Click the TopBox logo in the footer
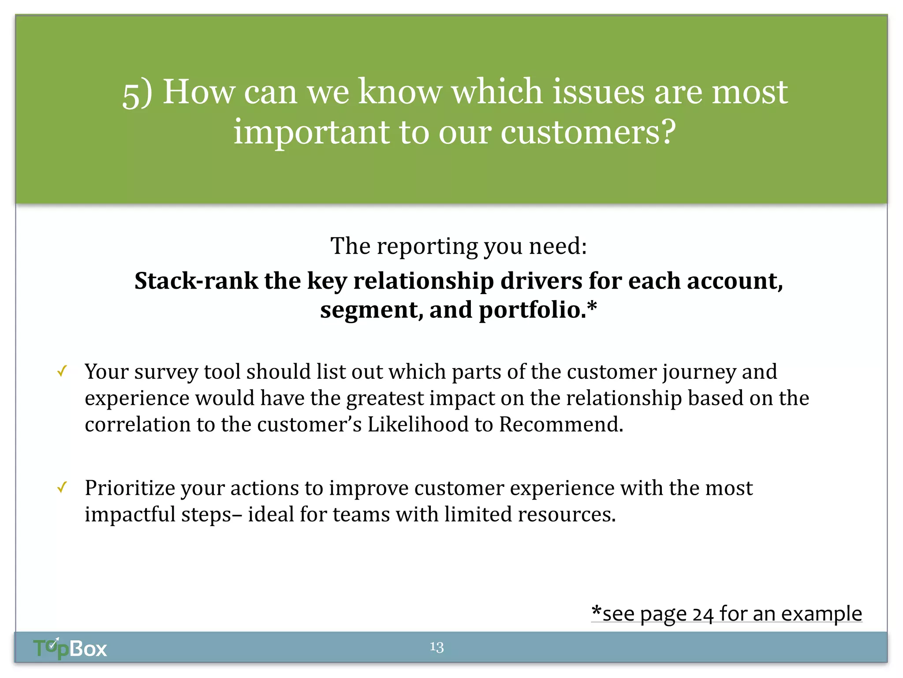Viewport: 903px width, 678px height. click(70, 648)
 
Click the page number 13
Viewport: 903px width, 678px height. click(437, 647)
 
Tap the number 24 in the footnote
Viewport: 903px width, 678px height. click(703, 614)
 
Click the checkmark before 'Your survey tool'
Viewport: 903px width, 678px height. click(62, 371)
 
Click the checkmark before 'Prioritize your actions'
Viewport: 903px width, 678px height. click(62, 487)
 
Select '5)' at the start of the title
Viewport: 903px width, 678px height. click(137, 93)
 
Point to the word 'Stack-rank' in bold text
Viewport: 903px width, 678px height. click(196, 281)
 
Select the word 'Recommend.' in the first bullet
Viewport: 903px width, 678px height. click(561, 424)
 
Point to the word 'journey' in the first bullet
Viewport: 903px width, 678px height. click(699, 372)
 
